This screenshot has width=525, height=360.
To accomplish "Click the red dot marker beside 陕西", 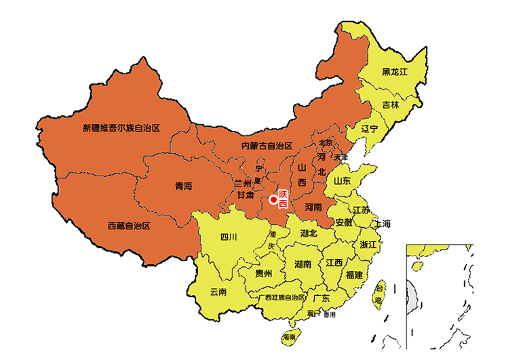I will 273,199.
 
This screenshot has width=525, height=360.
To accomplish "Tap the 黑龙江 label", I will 394,71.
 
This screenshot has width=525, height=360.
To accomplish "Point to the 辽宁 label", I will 370,128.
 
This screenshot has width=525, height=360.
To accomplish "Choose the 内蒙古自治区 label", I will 267,146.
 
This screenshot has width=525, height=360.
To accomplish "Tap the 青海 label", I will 183,186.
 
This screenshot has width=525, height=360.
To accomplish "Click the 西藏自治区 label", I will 128,225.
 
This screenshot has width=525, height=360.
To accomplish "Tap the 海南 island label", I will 290,337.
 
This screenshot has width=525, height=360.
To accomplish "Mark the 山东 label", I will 343,181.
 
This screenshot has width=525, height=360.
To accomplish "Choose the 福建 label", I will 354,275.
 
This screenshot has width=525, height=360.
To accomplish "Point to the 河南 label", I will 313,207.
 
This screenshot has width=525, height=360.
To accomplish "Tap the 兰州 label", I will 243,183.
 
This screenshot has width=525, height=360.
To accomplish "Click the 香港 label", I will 329,315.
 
